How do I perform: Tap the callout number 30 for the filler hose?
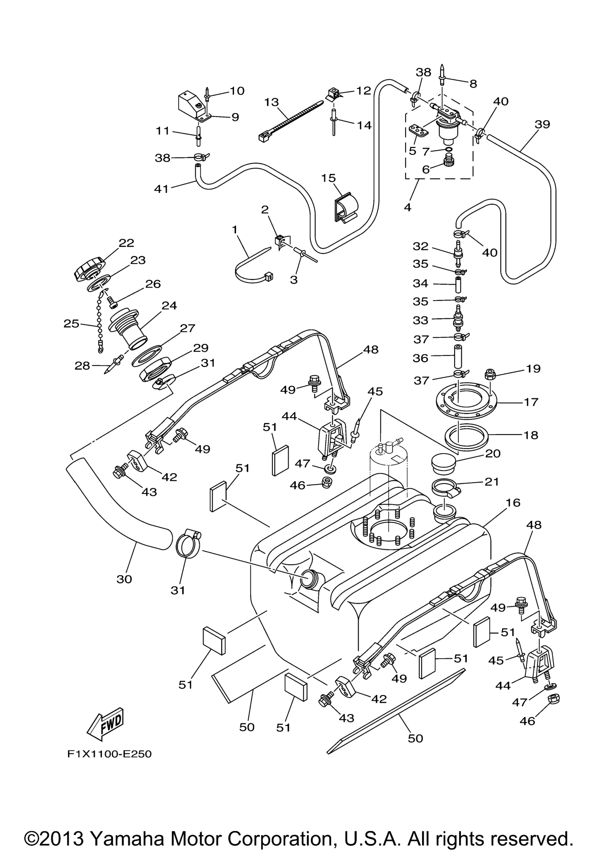coord(124,579)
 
